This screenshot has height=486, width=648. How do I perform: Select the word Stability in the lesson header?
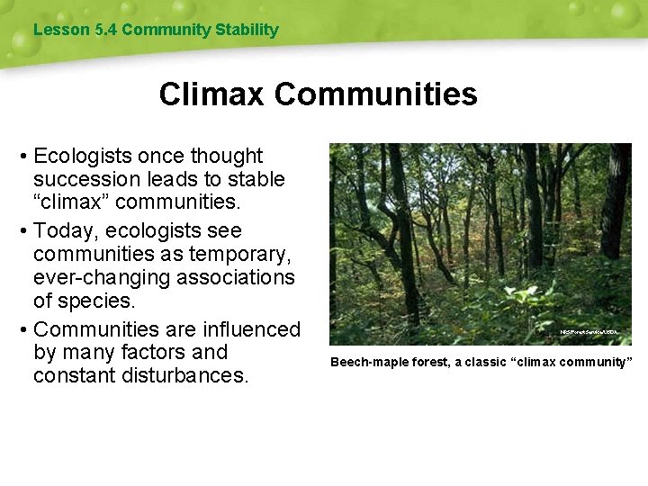[x=246, y=30]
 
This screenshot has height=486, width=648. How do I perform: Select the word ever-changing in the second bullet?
[x=102, y=278]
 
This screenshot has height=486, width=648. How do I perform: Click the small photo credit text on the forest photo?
[x=589, y=332]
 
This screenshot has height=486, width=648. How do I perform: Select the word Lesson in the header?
[x=59, y=30]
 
